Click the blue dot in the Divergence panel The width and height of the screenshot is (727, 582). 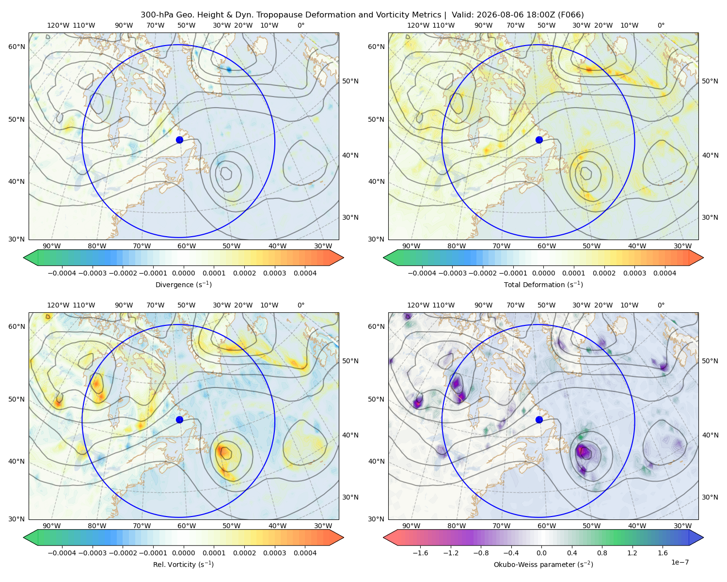(179, 140)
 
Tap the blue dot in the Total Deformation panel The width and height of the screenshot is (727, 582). (539, 140)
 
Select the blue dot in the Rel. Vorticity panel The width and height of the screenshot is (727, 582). (179, 420)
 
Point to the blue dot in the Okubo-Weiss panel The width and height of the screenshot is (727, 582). (539, 420)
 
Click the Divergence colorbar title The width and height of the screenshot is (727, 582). (183, 285)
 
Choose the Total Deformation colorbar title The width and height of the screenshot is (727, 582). (543, 285)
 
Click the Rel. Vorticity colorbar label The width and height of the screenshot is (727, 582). (183, 565)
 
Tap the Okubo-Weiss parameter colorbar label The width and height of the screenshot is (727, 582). (543, 565)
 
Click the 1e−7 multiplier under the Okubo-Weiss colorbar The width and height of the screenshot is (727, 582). (680, 562)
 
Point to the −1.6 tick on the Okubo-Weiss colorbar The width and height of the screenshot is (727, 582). (420, 553)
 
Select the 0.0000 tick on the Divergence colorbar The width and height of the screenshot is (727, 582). (183, 273)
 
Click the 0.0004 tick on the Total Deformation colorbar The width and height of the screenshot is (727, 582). (664, 273)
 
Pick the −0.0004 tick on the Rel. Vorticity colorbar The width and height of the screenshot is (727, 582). (62, 553)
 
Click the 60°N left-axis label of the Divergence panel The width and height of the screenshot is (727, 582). (16, 47)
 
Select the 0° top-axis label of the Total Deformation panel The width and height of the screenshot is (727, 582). (661, 25)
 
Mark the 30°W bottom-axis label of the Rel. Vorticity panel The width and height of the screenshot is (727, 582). (323, 526)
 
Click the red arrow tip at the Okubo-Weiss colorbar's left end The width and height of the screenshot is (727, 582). (384, 537)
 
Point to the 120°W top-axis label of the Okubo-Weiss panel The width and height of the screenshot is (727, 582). (418, 305)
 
